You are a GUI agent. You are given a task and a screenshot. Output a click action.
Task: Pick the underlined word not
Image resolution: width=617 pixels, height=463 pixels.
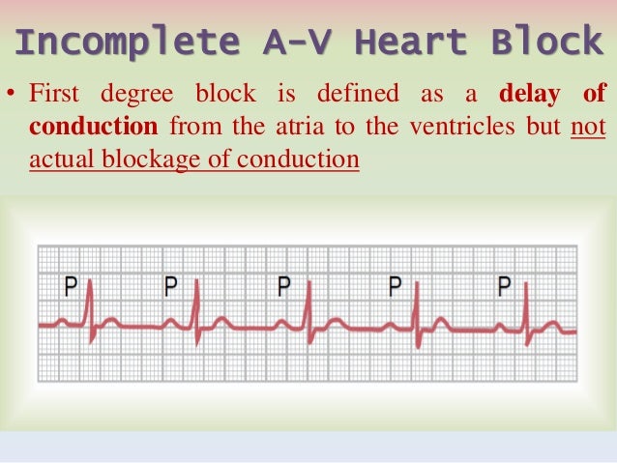point(588,127)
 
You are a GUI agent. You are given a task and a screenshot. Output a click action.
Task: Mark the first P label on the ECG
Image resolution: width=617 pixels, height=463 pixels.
point(71,286)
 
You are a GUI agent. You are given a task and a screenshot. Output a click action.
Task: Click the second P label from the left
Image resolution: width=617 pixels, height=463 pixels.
point(171,286)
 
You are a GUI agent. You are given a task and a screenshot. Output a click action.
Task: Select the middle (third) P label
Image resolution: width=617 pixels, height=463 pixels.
point(283,286)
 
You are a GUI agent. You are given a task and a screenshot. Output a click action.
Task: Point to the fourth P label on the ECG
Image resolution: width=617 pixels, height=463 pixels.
point(394,286)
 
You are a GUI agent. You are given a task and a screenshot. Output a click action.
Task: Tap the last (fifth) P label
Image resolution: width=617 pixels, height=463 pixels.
point(503,286)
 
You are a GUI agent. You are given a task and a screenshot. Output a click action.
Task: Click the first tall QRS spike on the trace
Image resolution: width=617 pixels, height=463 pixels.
point(89,300)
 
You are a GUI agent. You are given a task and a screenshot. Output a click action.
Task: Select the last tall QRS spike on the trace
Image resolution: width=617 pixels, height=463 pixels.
point(524,300)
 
